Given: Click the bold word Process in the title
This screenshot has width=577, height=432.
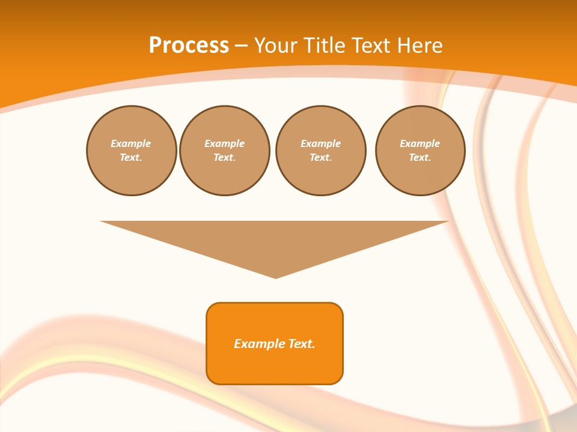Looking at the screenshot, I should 189,46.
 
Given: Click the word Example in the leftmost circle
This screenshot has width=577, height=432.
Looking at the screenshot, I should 131,143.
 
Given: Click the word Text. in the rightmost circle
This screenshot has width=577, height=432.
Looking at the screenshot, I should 420,158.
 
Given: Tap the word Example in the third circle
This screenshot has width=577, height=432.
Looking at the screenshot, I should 320,143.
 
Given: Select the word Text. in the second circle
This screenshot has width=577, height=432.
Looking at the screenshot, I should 225,158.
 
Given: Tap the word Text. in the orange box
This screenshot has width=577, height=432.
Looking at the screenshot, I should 302,344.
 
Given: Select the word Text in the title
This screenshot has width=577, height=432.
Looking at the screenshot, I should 368,46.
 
